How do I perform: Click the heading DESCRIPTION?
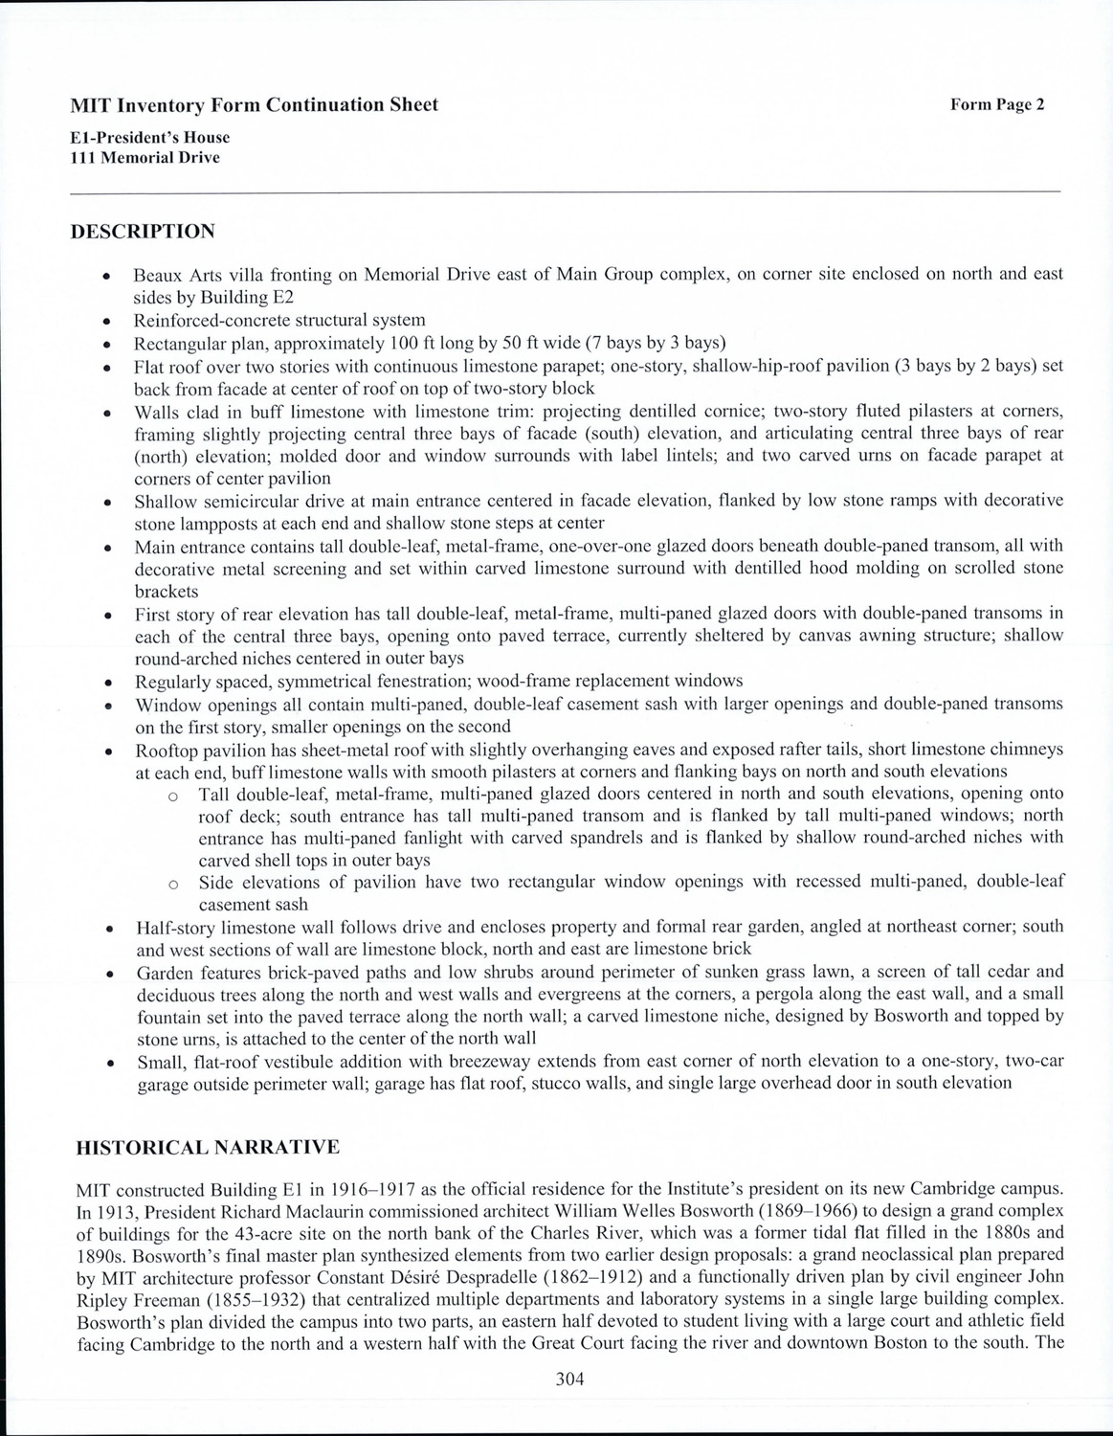tap(144, 232)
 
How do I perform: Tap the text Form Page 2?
tap(996, 105)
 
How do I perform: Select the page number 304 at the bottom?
tap(569, 1380)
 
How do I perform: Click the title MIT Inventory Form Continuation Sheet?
tap(254, 105)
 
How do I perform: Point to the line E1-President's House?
tap(150, 137)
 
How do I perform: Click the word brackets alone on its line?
tap(167, 591)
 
